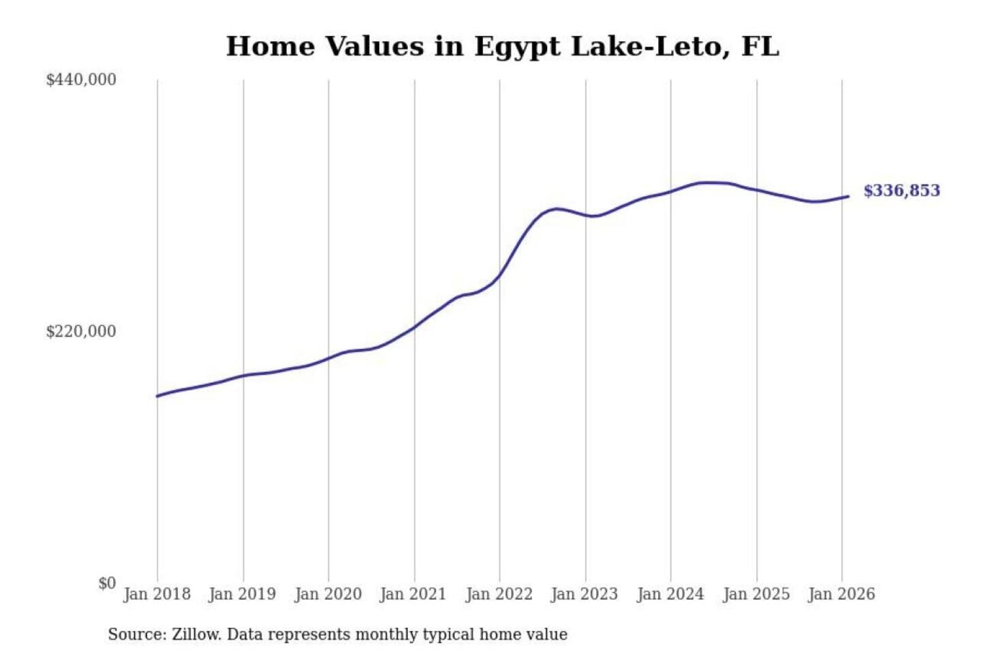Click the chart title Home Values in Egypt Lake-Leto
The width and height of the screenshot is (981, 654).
point(502,46)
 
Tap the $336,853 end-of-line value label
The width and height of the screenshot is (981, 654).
point(901,191)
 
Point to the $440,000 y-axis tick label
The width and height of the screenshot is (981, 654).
point(81,80)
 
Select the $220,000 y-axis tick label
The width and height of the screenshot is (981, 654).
point(81,332)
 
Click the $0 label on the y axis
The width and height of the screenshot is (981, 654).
point(107,583)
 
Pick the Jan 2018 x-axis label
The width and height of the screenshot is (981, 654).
point(157,594)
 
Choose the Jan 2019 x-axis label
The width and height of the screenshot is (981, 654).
point(243,594)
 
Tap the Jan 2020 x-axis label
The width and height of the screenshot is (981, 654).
point(328,594)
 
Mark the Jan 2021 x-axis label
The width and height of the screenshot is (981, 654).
point(413,594)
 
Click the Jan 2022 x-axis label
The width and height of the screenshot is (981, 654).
point(499,594)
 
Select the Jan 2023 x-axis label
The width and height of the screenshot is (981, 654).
point(584,594)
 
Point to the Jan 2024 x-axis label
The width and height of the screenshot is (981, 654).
point(670,594)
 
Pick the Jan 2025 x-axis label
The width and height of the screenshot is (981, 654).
point(756,594)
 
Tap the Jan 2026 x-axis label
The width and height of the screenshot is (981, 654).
point(841,594)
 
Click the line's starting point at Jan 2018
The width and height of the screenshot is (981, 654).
point(157,396)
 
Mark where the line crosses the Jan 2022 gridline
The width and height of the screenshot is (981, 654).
point(499,276)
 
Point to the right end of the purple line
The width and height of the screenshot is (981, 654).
point(848,196)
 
